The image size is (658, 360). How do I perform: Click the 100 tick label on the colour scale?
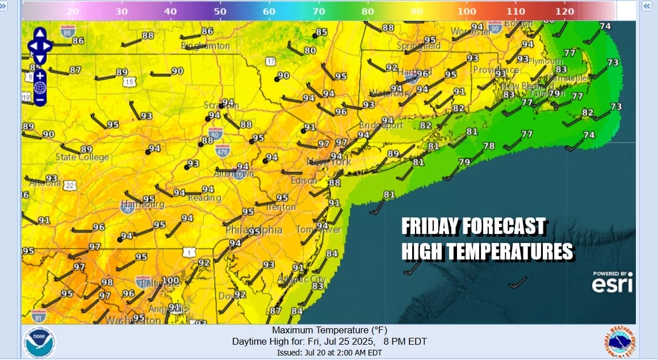click(467, 11)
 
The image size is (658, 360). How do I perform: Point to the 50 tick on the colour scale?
click(220, 11)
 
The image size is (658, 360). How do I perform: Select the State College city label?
click(82, 157)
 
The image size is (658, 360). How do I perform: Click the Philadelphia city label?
click(254, 230)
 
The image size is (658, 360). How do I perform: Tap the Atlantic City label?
click(302, 279)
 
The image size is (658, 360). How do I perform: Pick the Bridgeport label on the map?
click(381, 125)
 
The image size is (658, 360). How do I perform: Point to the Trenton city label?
click(281, 207)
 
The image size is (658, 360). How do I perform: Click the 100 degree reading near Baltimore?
click(170, 280)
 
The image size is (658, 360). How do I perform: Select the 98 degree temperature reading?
click(107, 282)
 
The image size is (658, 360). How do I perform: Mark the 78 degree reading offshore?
click(489, 146)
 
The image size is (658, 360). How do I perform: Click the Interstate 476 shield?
click(223, 150)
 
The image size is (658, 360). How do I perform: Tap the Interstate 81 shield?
click(39, 316)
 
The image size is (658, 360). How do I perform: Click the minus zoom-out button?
click(40, 100)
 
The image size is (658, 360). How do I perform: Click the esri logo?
click(612, 284)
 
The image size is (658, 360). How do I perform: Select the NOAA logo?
click(39, 341)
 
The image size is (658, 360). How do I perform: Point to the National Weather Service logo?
click(619, 342)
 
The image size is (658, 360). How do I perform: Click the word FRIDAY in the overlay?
click(429, 227)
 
